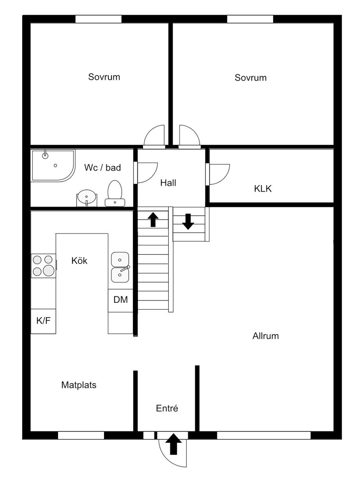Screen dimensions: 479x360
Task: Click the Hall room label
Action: [x=168, y=183]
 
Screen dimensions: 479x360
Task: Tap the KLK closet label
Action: [x=263, y=189]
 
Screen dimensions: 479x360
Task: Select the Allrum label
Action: [x=265, y=336]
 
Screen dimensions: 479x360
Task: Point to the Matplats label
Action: [x=79, y=385]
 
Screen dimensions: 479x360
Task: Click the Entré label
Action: [x=167, y=408]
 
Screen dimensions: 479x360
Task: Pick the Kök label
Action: [x=79, y=261]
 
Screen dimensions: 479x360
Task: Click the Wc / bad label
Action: [x=102, y=168]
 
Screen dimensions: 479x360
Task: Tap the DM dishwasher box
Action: [x=120, y=300]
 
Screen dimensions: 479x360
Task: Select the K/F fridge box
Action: [x=43, y=321]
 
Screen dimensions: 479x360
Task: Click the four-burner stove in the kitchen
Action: [x=43, y=266]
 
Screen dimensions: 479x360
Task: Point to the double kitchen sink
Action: [x=120, y=267]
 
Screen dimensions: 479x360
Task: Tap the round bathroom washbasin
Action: [x=86, y=197]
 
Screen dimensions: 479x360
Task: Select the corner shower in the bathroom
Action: [x=53, y=165]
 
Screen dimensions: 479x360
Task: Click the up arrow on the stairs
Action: [x=153, y=220]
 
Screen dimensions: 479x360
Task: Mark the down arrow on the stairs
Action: [x=188, y=221]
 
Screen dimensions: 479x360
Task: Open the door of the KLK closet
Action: [x=219, y=174]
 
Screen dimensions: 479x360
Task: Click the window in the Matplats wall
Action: [x=81, y=435]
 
